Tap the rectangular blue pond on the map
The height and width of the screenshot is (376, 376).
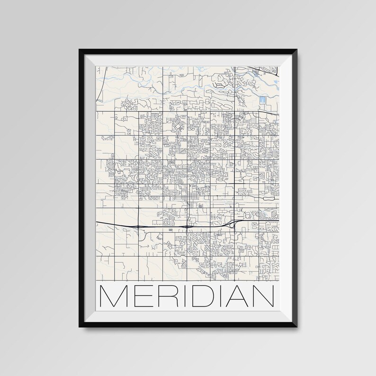tap(263, 101)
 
